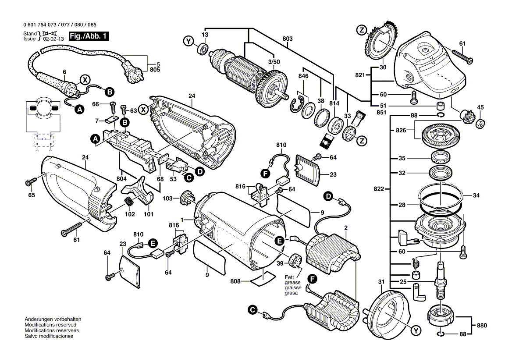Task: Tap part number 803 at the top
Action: pos(288,39)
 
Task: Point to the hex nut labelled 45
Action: pos(480,124)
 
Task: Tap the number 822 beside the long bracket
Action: pos(380,189)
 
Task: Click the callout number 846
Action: pos(303,76)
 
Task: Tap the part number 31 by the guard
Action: pos(381,282)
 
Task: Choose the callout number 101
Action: pos(149,215)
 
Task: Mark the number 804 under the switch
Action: pos(122,179)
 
